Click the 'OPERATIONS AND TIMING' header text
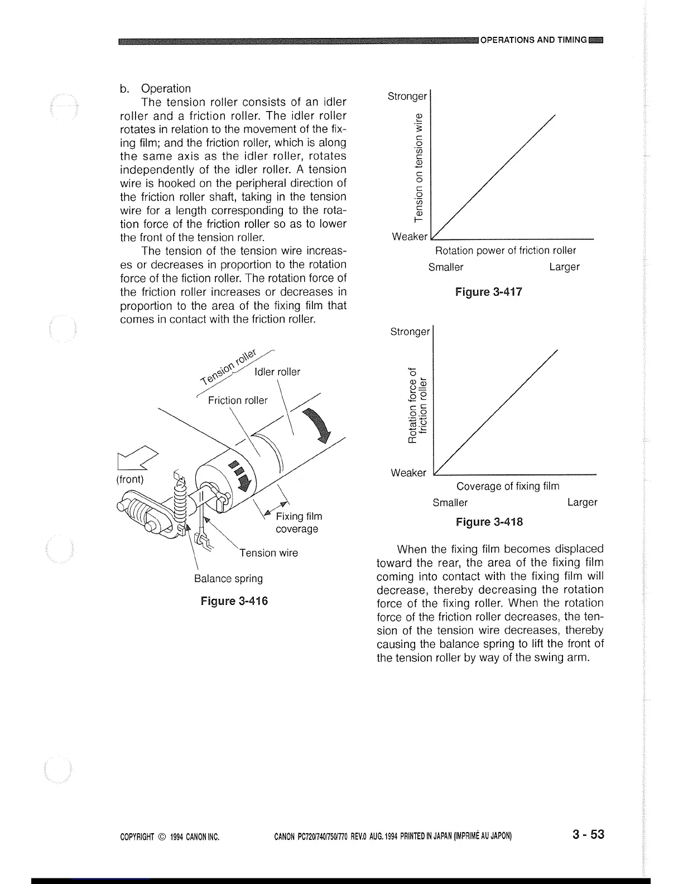533,40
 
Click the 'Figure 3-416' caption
234,601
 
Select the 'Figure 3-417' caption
489,292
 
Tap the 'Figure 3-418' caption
489,522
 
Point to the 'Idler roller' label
277,372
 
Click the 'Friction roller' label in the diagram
237,401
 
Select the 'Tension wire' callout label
269,553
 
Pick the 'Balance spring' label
228,579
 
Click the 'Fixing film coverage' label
299,522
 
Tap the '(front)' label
130,479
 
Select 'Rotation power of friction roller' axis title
505,251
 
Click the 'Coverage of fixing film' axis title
508,486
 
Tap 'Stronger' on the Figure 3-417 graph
407,96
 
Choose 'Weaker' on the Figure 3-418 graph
408,473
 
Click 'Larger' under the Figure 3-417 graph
564,267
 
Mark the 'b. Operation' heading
155,88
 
